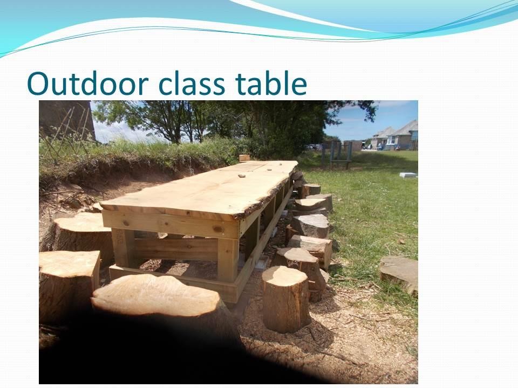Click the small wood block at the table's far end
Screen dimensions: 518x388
coord(244,158)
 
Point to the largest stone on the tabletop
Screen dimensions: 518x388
coord(242,176)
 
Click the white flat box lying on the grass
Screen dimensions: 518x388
coord(408,175)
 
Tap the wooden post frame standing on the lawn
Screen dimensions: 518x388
coord(337,155)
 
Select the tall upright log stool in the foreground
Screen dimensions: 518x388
coord(286,299)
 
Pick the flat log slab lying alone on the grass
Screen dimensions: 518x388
coord(399,274)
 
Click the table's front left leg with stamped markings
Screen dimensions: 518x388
coord(123,248)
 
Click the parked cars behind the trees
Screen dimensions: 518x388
coord(314,147)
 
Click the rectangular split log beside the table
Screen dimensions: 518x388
coord(311,248)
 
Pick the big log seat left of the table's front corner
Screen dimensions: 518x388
coord(81,234)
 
